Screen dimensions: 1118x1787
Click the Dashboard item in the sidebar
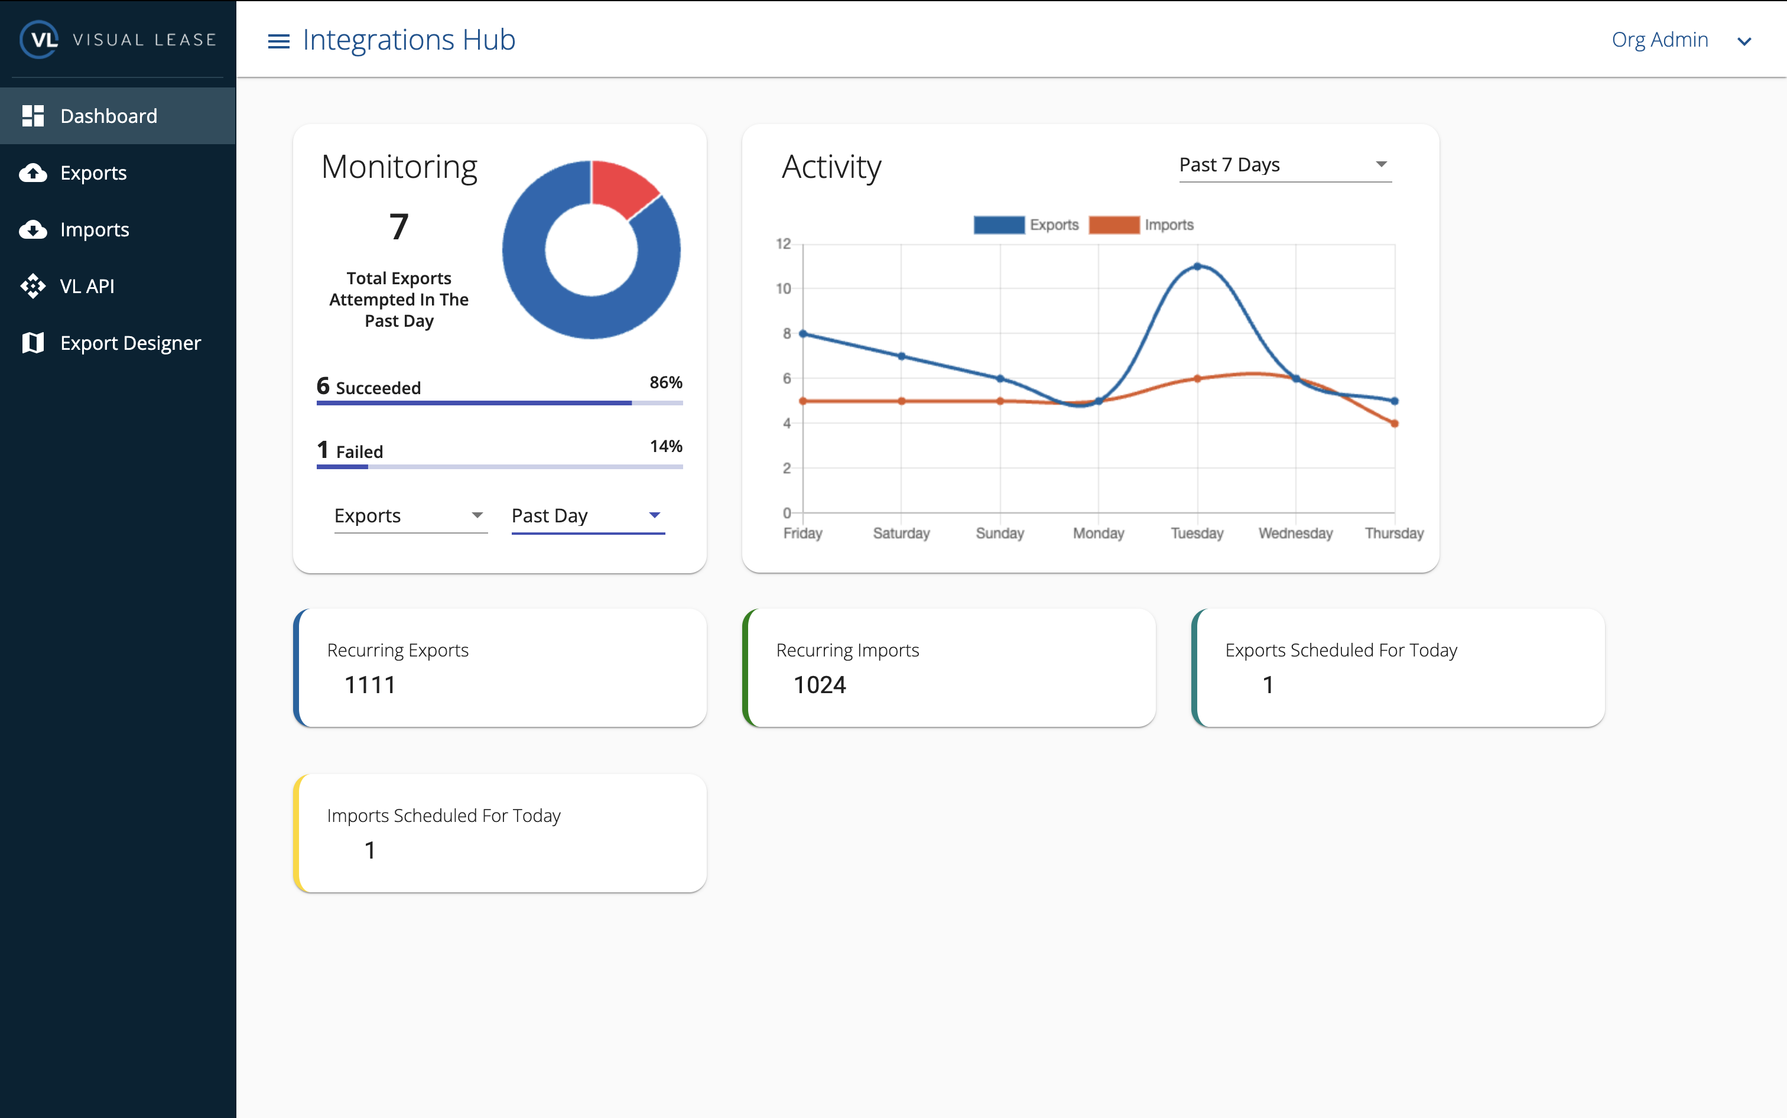108,116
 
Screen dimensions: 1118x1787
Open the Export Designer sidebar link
130,343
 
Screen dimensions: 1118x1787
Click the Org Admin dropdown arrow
1743,41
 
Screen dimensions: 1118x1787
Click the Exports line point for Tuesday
1197,266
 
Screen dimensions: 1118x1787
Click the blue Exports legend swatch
999,225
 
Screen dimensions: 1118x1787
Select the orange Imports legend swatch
1113,225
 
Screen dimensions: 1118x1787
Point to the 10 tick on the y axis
784,288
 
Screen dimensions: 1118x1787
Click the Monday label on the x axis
1098,533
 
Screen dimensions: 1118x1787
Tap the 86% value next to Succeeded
665,382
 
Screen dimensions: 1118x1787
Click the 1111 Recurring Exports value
370,685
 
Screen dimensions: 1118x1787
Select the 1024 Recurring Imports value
819,685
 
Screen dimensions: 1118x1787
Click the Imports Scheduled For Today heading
444,815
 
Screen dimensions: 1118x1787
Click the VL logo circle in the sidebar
39,39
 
